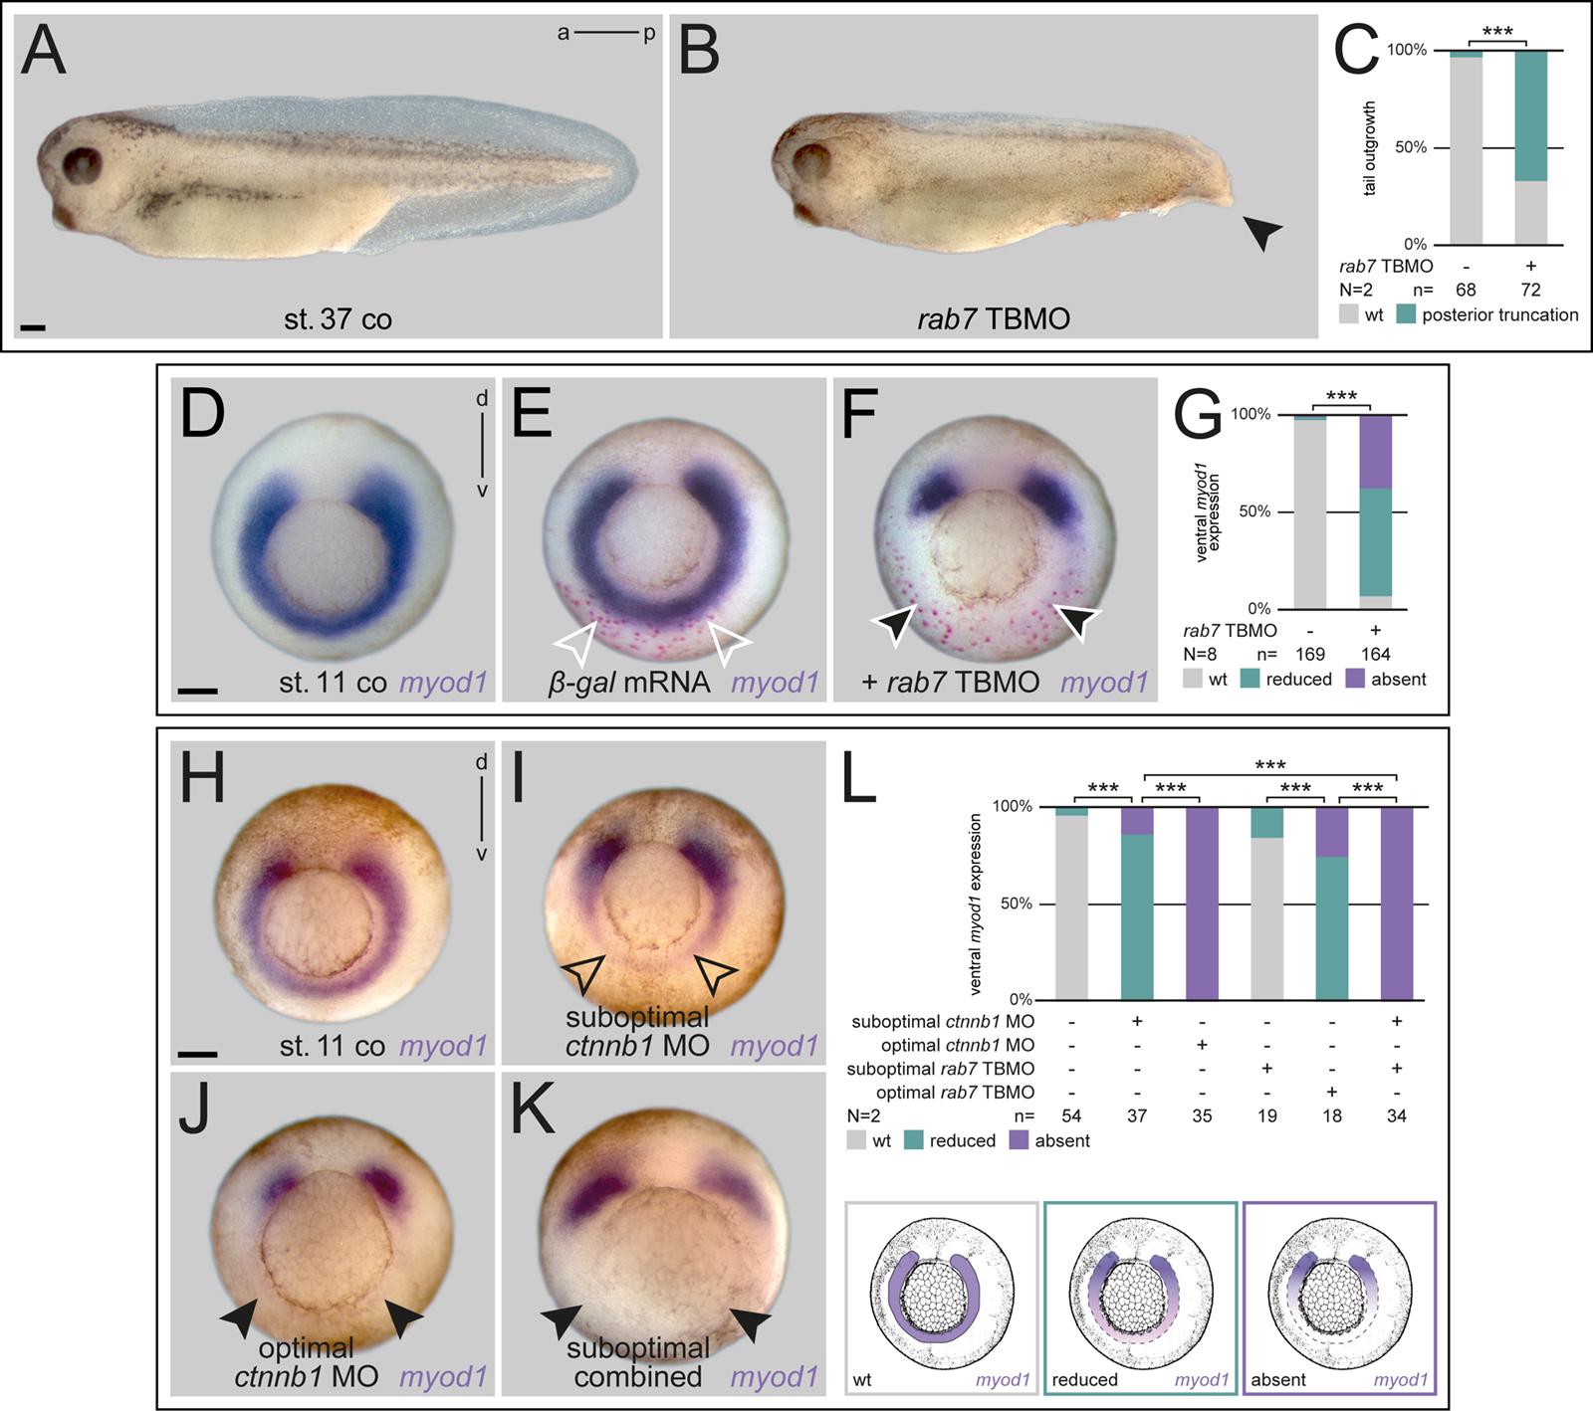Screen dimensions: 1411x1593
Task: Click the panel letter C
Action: click(x=1356, y=51)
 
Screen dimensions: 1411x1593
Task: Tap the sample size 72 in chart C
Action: click(x=1530, y=290)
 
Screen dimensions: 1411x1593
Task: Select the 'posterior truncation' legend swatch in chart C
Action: click(x=1406, y=315)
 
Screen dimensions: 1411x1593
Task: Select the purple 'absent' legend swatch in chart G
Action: click(x=1356, y=680)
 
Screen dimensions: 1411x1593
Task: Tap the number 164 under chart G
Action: click(x=1374, y=655)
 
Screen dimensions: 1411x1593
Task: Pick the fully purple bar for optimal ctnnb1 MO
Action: click(x=1202, y=903)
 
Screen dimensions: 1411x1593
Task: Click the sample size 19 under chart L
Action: click(x=1266, y=1115)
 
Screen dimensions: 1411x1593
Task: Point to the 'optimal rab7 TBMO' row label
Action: click(x=958, y=1092)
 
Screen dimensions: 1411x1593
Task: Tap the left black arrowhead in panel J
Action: click(x=238, y=1319)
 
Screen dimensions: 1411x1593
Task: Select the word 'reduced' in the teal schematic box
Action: click(x=1084, y=1380)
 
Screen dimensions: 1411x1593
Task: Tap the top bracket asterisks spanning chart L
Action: click(x=1269, y=765)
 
